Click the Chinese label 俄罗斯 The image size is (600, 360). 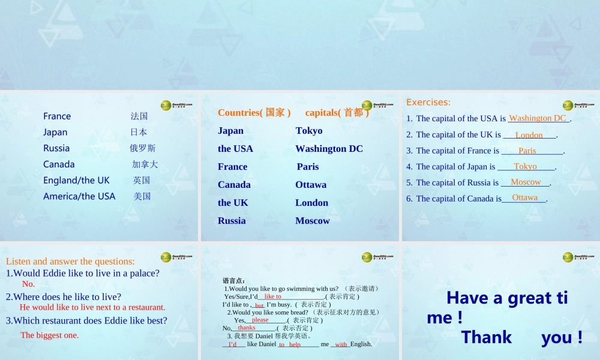tap(143, 148)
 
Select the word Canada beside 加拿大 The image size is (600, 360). tap(59, 164)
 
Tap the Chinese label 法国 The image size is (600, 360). tap(139, 116)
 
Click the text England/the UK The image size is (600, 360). tap(76, 180)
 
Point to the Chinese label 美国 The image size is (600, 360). tap(142, 196)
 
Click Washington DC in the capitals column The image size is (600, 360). tap(329, 149)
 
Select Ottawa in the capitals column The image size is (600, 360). tap(311, 185)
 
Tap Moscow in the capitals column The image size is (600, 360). tap(312, 221)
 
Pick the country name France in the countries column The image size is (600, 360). tap(232, 167)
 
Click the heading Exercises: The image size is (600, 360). tap(428, 102)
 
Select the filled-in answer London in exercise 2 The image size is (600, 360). tap(529, 135)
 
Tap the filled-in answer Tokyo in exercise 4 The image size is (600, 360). tap(526, 166)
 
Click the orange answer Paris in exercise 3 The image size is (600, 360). tap(527, 151)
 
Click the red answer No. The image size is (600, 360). tap(28, 284)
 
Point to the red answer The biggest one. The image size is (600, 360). tap(49, 335)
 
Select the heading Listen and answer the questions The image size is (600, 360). tap(70, 261)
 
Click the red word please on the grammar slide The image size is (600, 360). tap(260, 320)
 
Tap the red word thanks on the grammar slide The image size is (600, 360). tap(246, 328)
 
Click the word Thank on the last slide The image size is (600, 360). tap(487, 337)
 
